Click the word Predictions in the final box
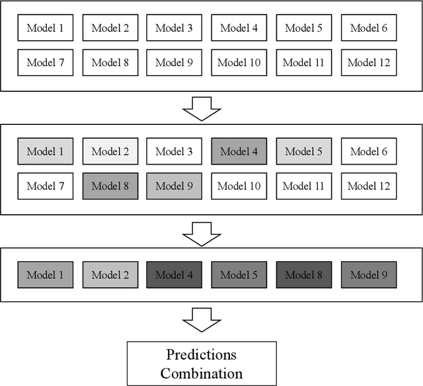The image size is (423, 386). tap(201, 354)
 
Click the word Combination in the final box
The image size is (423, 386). tap(201, 373)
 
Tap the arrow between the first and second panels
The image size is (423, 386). tap(201, 108)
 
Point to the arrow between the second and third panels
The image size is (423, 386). tap(201, 232)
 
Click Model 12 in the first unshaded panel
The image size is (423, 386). tap(369, 63)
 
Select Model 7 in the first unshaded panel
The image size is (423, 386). tap(46, 63)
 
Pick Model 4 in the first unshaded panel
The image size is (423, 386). tap(239, 28)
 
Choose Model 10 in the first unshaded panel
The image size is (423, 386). tap(239, 63)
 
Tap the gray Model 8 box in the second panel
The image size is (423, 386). tap(110, 186)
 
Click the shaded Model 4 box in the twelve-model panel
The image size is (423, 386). tap(239, 151)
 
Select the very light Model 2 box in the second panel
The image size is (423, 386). tap(110, 151)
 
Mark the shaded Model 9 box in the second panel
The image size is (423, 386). tap(174, 186)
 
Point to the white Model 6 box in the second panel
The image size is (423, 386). tap(369, 151)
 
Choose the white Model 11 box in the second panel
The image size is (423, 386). tap(304, 186)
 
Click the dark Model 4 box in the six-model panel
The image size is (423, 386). tap(174, 275)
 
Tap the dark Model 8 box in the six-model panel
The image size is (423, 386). tap(304, 275)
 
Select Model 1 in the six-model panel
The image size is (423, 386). tap(46, 275)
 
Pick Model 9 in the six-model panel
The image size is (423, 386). tap(369, 275)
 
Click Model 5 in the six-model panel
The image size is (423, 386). tap(239, 275)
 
